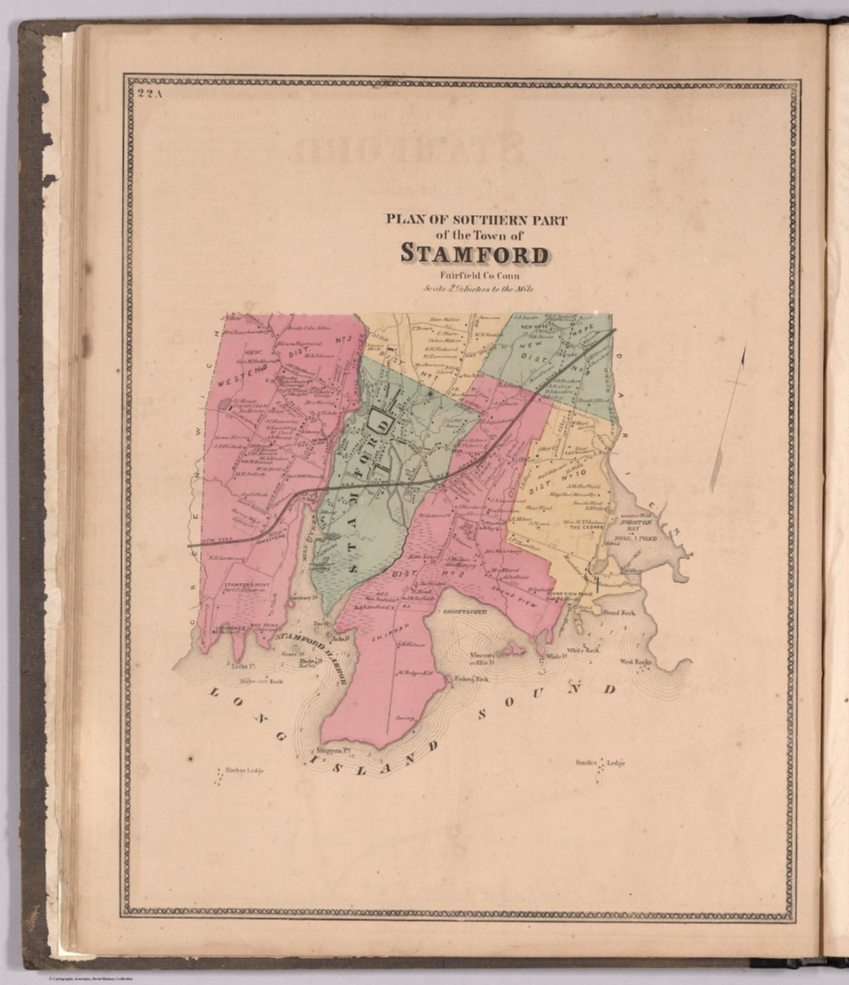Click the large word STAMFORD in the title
(475, 254)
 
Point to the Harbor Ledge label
(242, 770)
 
